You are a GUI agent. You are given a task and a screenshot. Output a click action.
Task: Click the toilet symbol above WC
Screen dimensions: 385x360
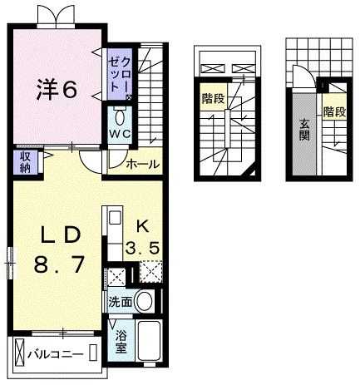tap(120, 113)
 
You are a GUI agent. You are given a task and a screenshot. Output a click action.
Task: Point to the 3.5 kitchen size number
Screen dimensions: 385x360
tap(142, 247)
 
